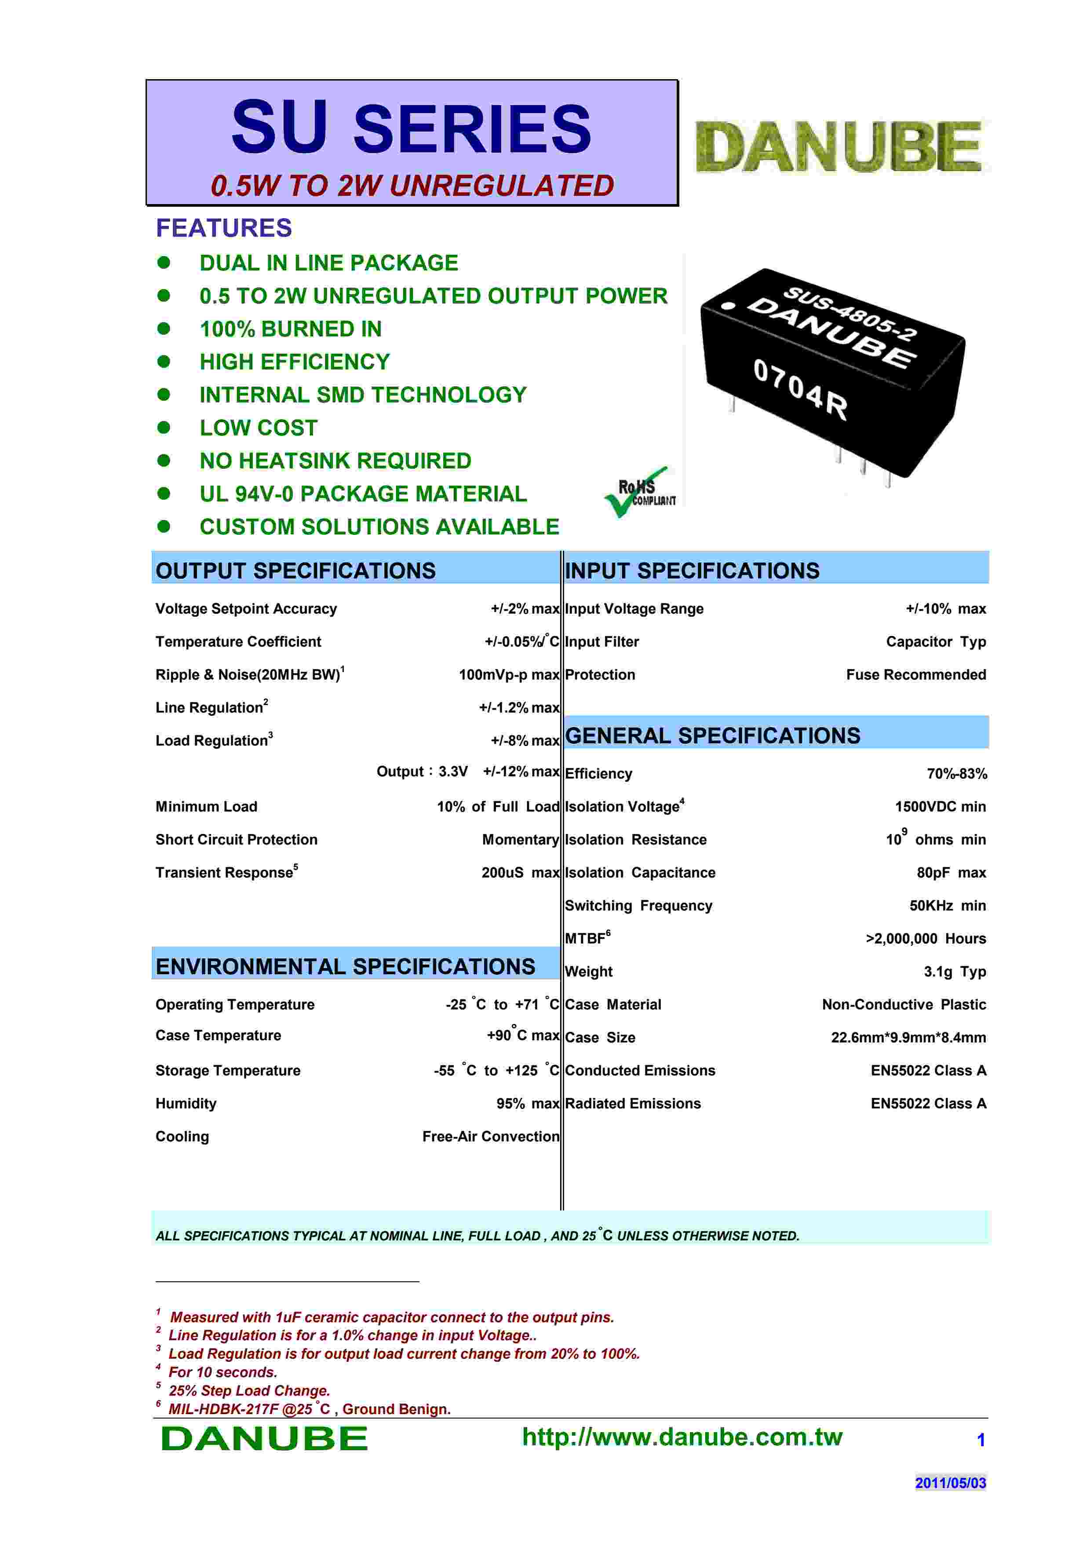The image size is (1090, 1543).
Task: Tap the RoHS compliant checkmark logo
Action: [639, 492]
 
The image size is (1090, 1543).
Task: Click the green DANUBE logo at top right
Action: [839, 146]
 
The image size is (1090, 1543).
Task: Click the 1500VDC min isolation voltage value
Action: [940, 806]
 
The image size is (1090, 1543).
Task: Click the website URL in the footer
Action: [682, 1437]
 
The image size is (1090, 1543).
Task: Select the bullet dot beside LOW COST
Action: [163, 428]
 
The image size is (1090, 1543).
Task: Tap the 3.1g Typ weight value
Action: [954, 972]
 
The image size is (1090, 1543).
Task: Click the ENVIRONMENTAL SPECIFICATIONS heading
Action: [345, 966]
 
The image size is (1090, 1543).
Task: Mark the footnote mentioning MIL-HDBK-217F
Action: [309, 1408]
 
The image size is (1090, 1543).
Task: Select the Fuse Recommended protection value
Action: [915, 675]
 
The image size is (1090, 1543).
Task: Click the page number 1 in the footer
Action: [981, 1440]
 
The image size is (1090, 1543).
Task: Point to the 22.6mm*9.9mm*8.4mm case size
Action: [908, 1038]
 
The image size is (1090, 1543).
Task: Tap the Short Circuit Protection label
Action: [237, 839]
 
